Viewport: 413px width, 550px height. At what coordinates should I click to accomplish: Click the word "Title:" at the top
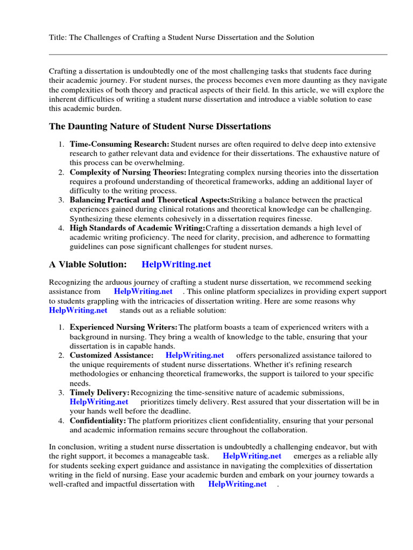[x=58, y=37]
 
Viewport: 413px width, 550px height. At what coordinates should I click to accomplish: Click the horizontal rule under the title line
[x=218, y=54]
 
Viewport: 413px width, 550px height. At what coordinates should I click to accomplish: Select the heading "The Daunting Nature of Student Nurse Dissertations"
[x=160, y=126]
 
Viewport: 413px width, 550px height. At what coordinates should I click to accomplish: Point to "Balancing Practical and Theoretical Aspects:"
[x=149, y=200]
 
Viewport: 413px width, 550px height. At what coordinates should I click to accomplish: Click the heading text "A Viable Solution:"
[x=88, y=264]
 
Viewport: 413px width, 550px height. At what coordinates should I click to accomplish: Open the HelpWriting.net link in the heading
[x=176, y=264]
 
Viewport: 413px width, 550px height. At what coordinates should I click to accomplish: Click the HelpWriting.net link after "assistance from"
[x=143, y=291]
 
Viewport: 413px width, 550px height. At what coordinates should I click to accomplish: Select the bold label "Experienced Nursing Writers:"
[x=124, y=327]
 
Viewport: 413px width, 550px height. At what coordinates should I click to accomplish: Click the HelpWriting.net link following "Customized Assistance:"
[x=195, y=355]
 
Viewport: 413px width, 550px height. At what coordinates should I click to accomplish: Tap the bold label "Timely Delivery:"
[x=99, y=393]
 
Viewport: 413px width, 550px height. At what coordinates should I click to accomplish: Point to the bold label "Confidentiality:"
[x=98, y=421]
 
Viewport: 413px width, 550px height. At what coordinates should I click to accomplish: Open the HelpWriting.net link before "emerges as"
[x=252, y=456]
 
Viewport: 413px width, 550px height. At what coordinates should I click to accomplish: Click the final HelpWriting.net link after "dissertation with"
[x=237, y=484]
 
